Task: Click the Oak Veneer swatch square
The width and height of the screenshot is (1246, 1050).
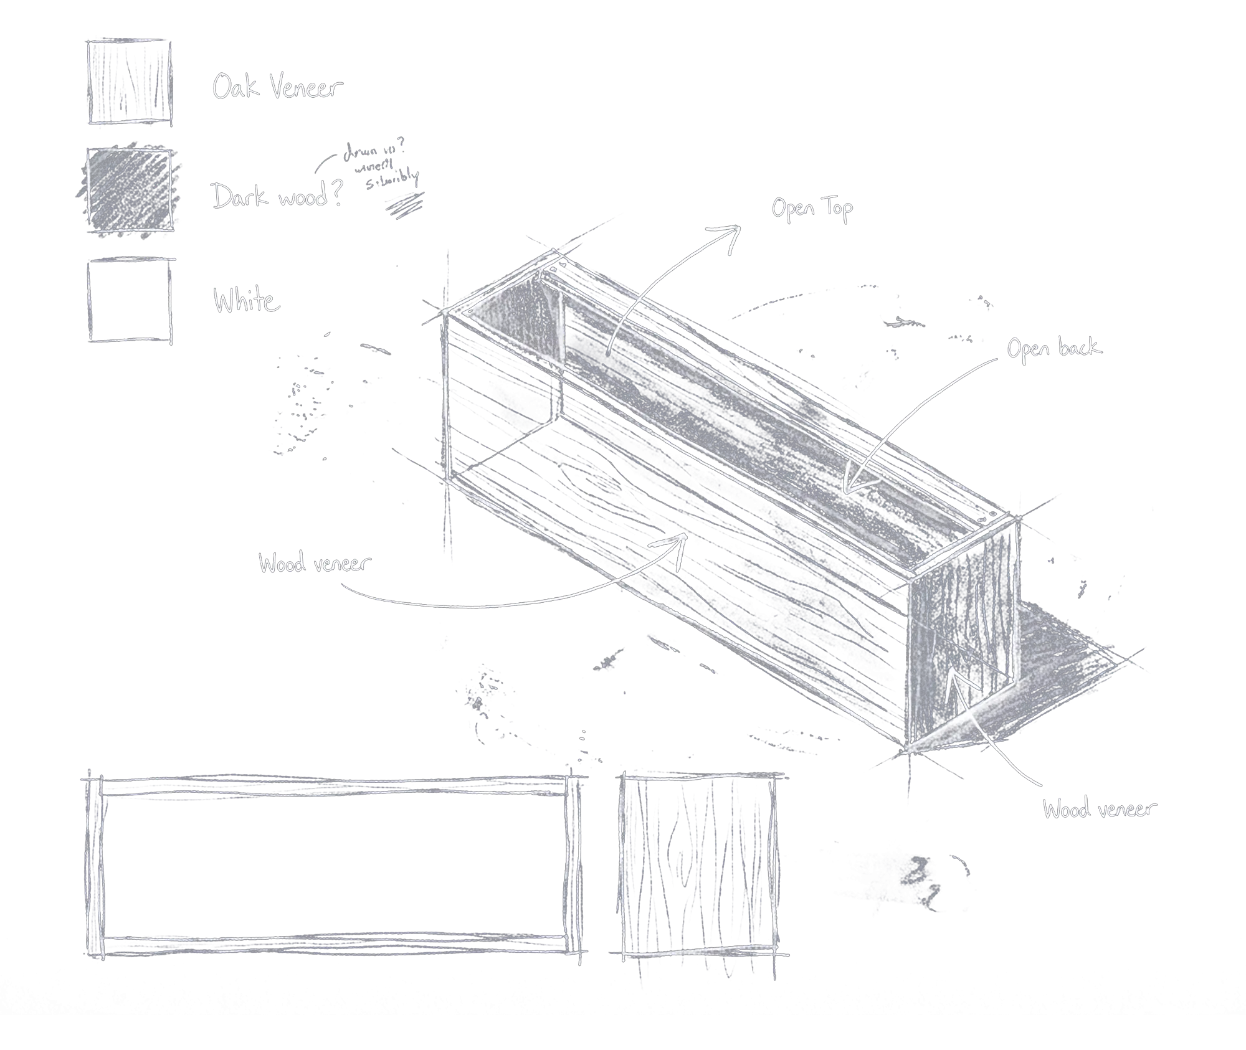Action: click(130, 82)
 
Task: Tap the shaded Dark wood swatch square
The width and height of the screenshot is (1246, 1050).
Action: click(130, 190)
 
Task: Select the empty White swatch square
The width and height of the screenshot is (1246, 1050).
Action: click(130, 301)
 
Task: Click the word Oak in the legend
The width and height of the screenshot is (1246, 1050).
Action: click(235, 87)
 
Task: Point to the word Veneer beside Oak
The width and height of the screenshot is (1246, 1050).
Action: click(307, 88)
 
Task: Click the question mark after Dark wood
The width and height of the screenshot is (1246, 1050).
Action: click(336, 193)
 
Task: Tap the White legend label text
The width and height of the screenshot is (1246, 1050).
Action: click(247, 300)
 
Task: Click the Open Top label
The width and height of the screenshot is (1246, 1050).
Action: click(812, 209)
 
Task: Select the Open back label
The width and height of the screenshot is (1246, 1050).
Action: click(1054, 349)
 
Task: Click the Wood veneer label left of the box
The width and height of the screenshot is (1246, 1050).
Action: click(315, 564)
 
